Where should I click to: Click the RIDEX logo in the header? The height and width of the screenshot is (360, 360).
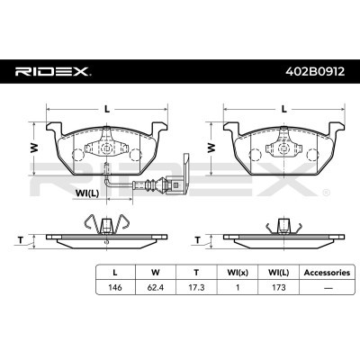tap(49, 71)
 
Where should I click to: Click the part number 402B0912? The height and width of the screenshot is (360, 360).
tap(310, 71)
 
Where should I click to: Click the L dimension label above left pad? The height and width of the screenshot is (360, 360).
tap(107, 109)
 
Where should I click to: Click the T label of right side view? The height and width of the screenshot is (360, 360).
tap(196, 239)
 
